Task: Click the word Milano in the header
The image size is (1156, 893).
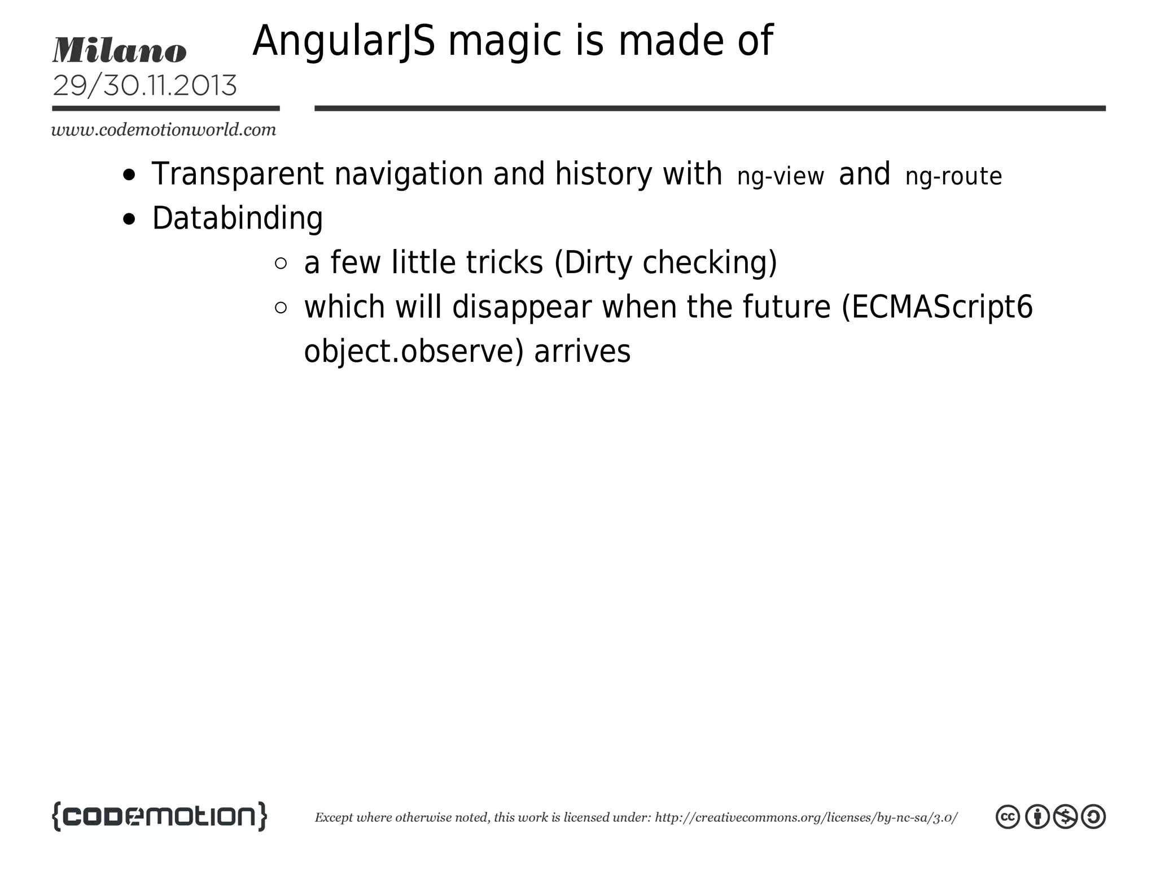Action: [119, 50]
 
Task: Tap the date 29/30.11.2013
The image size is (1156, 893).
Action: [144, 86]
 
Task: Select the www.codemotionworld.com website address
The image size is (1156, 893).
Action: [164, 130]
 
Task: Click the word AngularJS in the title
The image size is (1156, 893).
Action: [344, 41]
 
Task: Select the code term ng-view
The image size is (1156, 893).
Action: [780, 176]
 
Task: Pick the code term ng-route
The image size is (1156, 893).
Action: [953, 176]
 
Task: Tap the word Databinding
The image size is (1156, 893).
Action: [238, 218]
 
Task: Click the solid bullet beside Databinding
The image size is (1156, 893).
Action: [129, 219]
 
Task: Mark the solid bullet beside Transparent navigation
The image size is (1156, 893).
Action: [129, 174]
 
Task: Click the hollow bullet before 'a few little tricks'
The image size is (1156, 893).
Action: [281, 263]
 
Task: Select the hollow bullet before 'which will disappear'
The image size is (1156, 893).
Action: [281, 308]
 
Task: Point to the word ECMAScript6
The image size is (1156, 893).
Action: [942, 307]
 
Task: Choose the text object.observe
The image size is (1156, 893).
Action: [409, 351]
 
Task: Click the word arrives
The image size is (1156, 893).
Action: [582, 351]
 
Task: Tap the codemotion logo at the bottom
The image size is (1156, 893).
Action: [159, 816]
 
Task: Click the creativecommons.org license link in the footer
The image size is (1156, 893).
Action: [805, 817]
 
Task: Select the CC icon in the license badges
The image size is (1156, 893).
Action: [1008, 817]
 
